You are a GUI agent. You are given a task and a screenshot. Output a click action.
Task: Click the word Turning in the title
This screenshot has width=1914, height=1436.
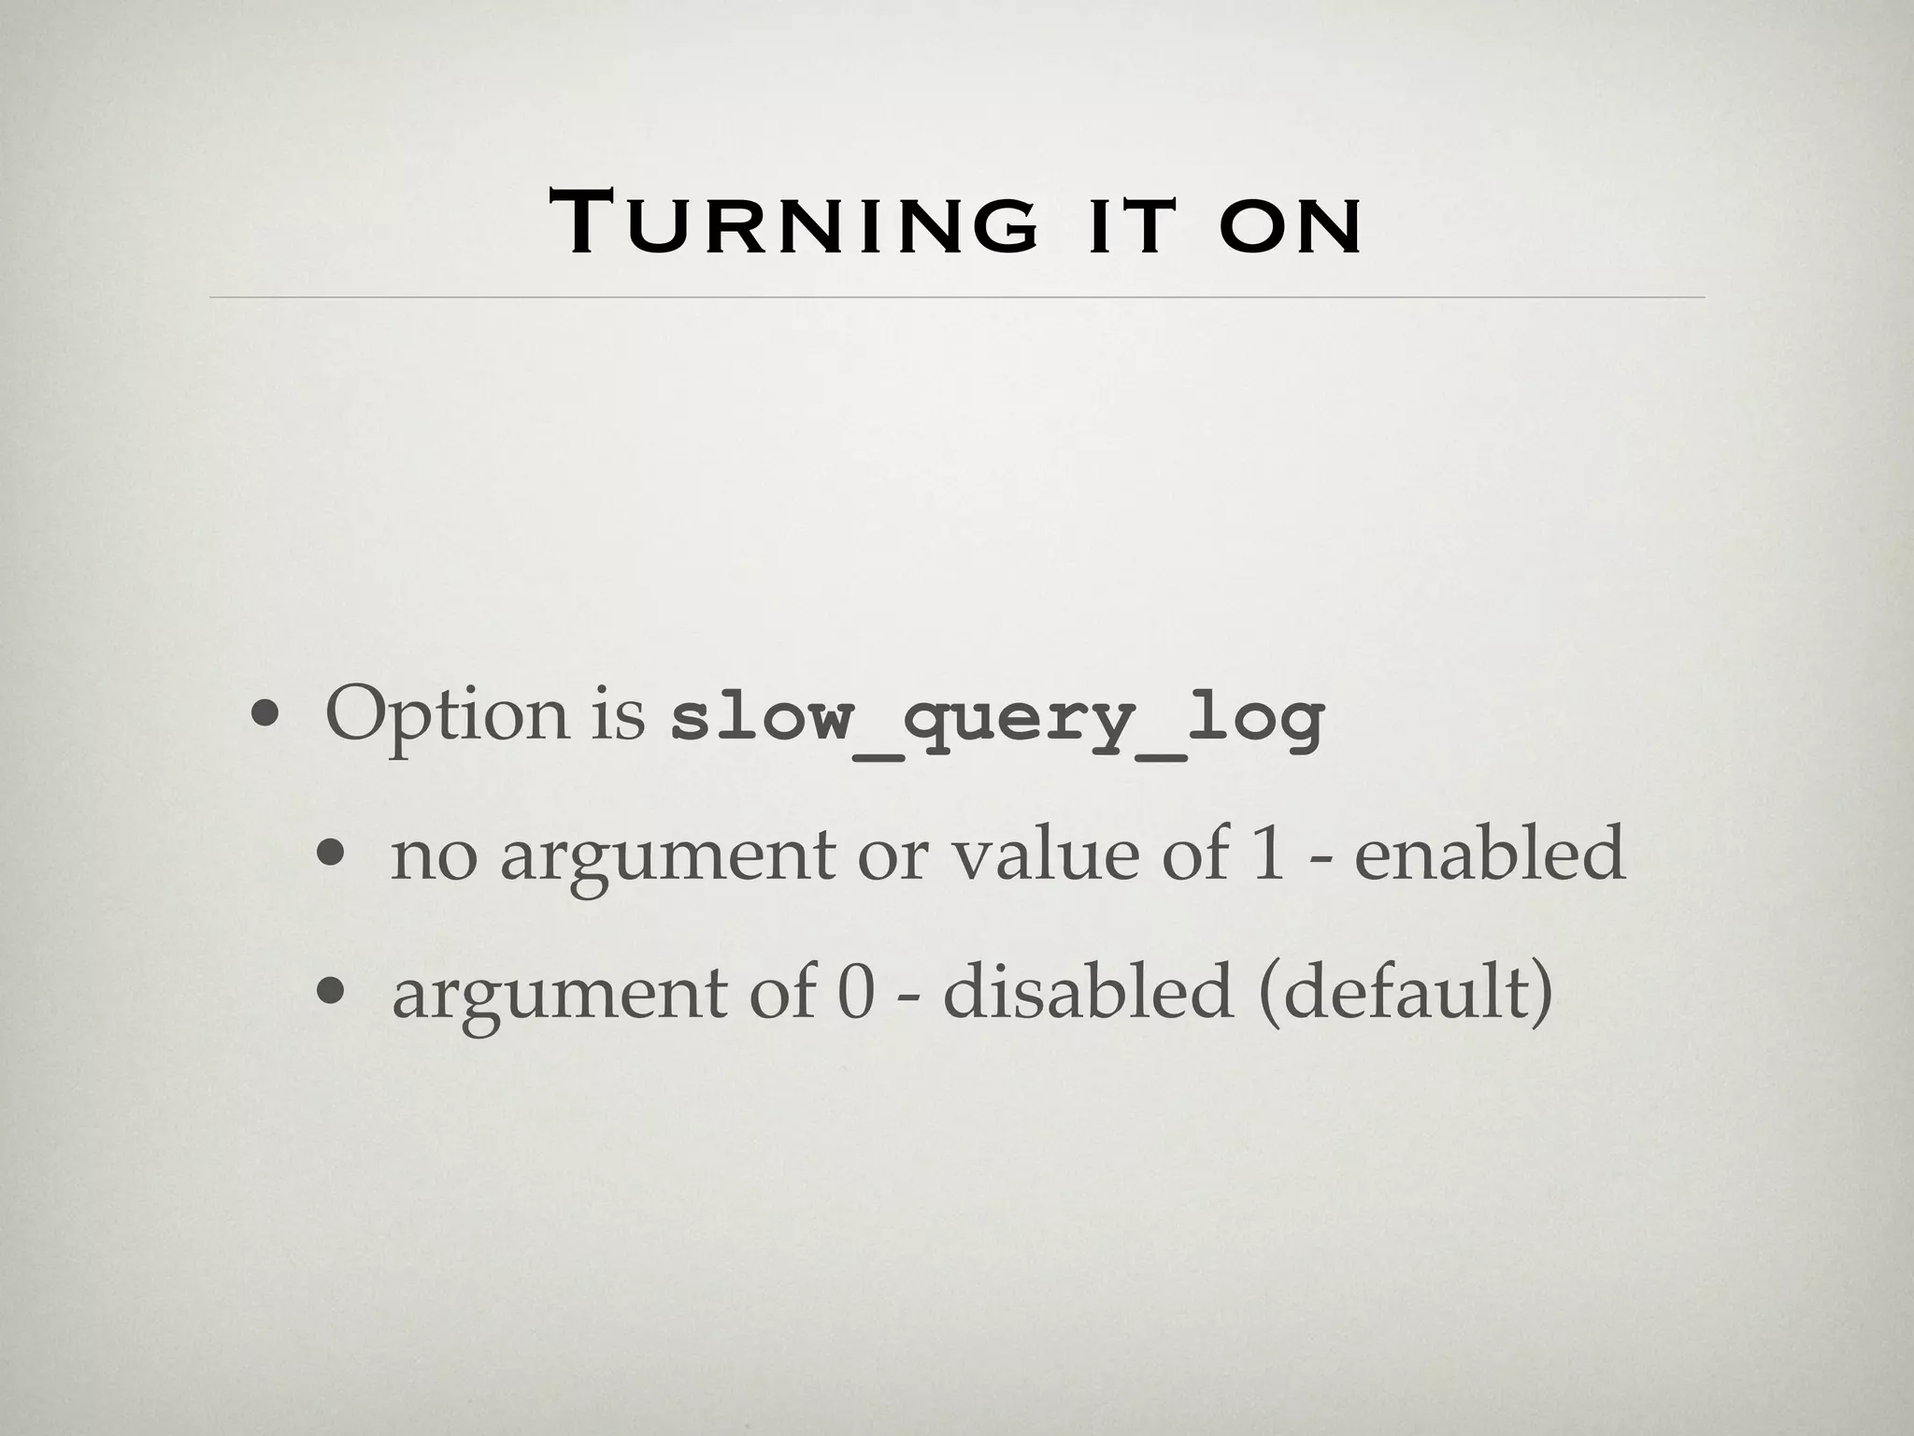click(x=793, y=223)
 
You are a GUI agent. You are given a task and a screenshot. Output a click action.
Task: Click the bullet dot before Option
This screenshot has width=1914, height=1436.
click(x=264, y=718)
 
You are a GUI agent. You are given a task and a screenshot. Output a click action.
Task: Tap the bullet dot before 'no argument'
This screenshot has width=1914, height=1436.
click(x=330, y=855)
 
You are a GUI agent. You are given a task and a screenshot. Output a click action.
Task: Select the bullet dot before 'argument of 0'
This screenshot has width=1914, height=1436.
click(x=330, y=994)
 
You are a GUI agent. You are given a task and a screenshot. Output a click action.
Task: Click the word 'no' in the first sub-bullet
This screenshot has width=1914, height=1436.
click(x=433, y=855)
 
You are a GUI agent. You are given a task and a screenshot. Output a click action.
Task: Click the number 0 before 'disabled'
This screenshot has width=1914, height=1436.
click(x=854, y=993)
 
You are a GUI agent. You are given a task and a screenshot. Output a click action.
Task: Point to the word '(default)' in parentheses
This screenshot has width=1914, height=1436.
click(x=1407, y=993)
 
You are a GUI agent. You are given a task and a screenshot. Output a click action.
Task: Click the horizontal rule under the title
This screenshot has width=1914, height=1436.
click(x=957, y=297)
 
